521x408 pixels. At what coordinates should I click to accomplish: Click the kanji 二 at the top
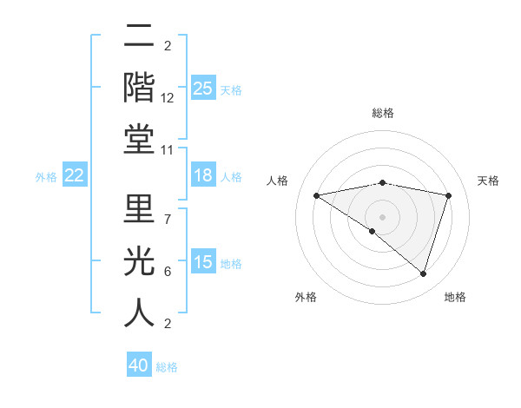[x=139, y=37]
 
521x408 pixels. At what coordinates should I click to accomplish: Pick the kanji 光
[x=139, y=260]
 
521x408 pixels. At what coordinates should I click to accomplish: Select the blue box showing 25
[x=202, y=89]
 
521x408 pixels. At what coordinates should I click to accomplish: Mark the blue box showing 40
[x=138, y=366]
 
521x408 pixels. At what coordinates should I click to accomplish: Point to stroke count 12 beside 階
[x=168, y=99]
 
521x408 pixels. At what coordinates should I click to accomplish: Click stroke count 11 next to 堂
[x=168, y=150]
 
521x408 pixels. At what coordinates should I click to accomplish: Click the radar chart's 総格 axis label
[x=382, y=113]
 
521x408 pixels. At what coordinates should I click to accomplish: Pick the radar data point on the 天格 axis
[x=449, y=195]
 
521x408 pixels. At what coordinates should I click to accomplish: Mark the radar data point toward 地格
[x=423, y=274]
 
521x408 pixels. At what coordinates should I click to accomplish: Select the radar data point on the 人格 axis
[x=316, y=195]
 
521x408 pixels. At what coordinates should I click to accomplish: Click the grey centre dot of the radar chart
[x=382, y=216]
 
